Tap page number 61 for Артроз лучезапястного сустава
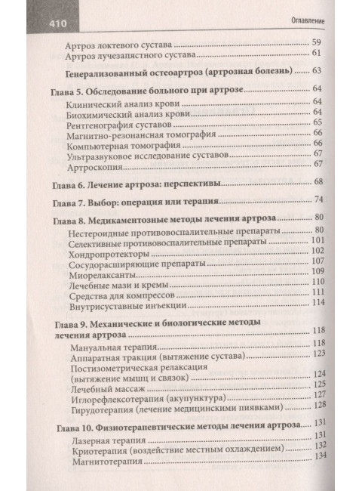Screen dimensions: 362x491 pos(317,54)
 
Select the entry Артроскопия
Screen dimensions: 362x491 pos(89,164)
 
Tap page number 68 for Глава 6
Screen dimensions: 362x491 pos(318,182)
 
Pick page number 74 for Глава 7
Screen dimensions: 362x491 pos(318,199)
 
